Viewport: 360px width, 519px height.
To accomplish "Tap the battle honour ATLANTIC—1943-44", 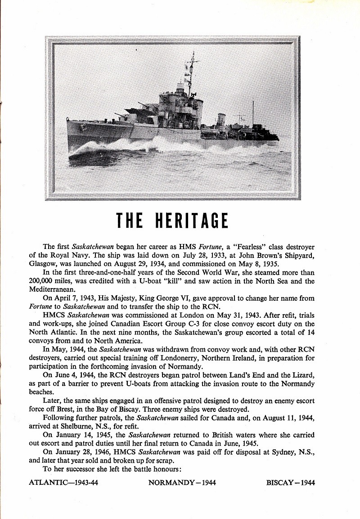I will (63, 483).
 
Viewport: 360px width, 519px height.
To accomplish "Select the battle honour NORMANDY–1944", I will (182, 483).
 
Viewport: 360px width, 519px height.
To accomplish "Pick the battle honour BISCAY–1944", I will (290, 483).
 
